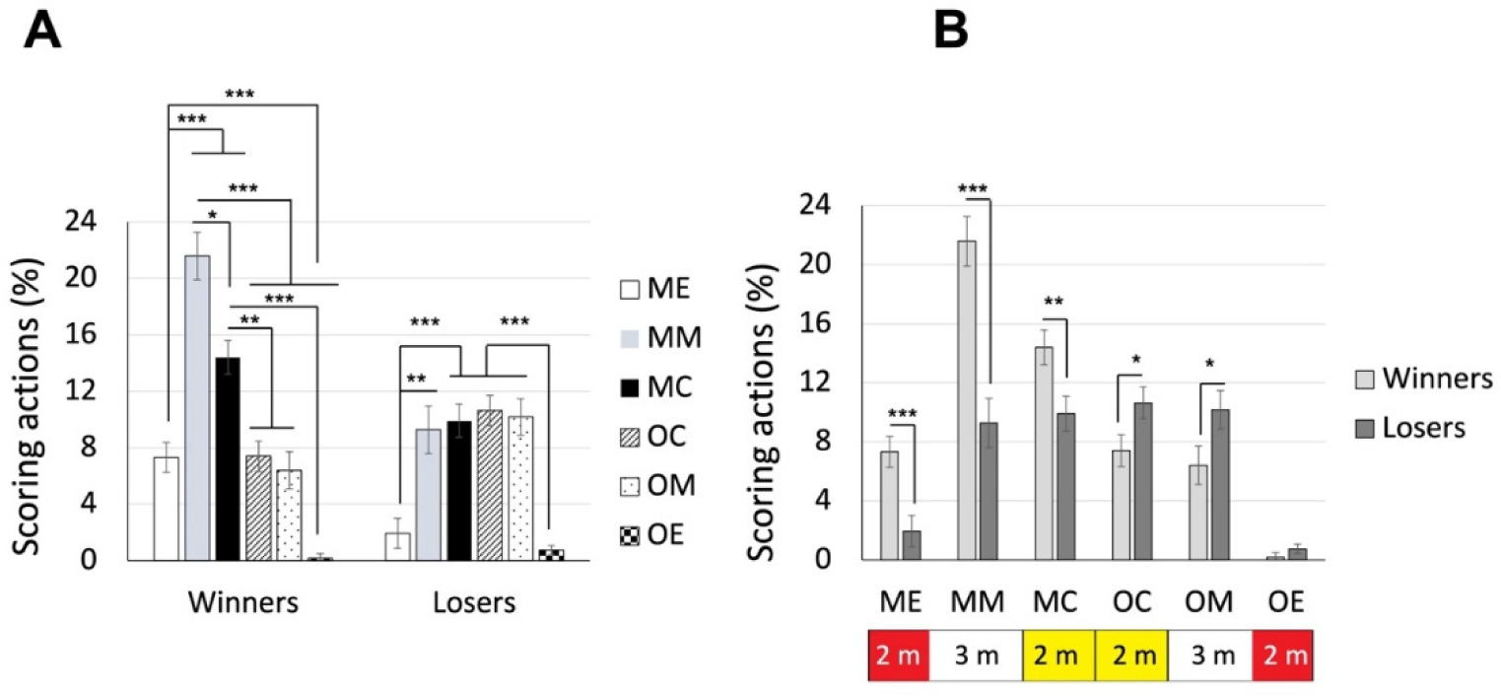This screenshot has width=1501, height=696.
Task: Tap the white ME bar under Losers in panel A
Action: [x=397, y=546]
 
